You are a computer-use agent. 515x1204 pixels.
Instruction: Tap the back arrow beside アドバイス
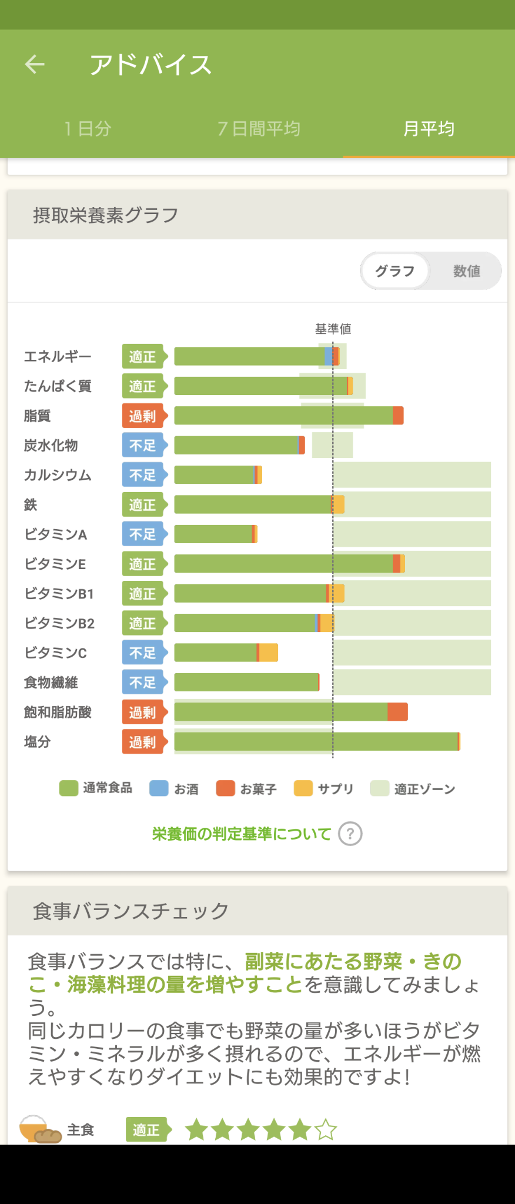pos(35,64)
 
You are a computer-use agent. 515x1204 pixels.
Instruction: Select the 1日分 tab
pos(88,129)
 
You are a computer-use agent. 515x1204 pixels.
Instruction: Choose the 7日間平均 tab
pos(259,129)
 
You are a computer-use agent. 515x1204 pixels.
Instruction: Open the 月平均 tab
pos(429,129)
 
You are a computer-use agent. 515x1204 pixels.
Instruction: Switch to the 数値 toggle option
pos(466,271)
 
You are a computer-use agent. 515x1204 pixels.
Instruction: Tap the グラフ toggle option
pos(395,271)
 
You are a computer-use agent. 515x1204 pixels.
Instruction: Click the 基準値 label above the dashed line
pos(333,329)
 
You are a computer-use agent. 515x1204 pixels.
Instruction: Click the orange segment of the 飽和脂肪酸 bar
pos(397,712)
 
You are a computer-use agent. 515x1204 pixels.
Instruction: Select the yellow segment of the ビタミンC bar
pos(269,653)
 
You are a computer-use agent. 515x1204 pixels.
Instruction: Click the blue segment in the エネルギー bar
pos(328,356)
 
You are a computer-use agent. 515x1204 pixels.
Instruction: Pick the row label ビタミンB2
pos(59,623)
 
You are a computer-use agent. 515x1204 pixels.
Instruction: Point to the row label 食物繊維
pos(51,683)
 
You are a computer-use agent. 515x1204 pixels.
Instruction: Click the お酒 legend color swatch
pos(159,788)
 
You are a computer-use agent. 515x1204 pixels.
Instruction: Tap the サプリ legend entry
pos(324,788)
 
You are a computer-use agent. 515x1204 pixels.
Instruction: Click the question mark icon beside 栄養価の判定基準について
pos(350,834)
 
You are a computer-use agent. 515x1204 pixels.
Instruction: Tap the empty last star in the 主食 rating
pos(326,1130)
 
